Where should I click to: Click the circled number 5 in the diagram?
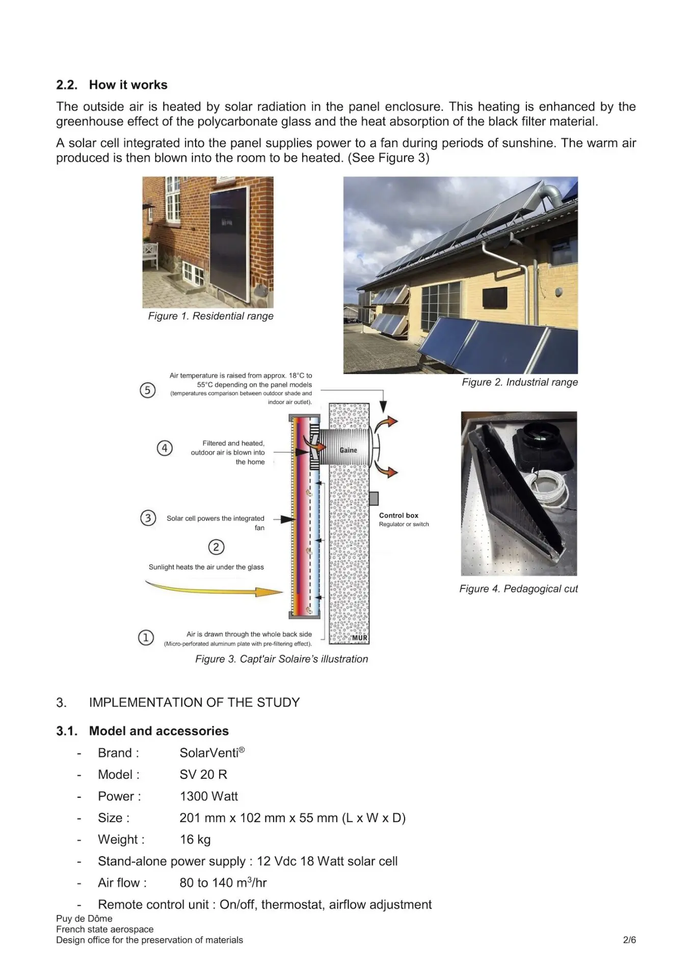click(148, 391)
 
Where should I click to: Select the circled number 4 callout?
click(165, 448)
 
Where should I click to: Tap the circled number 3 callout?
click(148, 518)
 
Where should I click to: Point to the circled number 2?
click(216, 547)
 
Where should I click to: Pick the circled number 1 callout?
click(146, 637)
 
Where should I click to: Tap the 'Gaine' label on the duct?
click(349, 450)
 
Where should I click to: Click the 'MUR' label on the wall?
click(359, 638)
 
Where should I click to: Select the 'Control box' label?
click(398, 515)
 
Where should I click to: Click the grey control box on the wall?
click(374, 498)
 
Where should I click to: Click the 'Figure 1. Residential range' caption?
click(210, 316)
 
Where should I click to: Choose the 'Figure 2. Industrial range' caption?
click(519, 383)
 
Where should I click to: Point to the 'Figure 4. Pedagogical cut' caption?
click(518, 589)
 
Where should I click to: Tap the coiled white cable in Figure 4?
click(548, 490)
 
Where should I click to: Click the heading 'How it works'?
click(128, 85)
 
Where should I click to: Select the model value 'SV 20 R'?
click(203, 775)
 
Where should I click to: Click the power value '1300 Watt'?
click(209, 796)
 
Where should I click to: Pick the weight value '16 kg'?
click(195, 839)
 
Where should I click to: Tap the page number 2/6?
click(629, 940)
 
